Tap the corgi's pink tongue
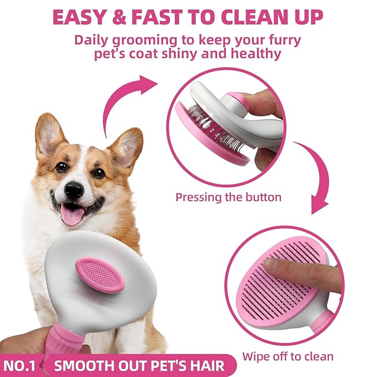72,214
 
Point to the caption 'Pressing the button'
228,197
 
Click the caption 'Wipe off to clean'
288,356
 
